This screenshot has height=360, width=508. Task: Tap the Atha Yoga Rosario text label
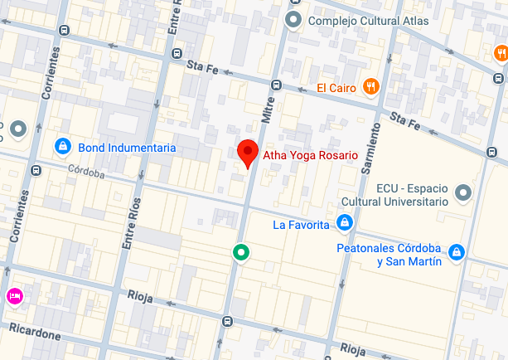pyautogui.click(x=309, y=155)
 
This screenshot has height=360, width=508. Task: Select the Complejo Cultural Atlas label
pyautogui.click(x=368, y=21)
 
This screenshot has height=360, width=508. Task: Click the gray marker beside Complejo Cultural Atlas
pyautogui.click(x=292, y=19)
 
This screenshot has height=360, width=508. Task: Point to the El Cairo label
pyautogui.click(x=336, y=88)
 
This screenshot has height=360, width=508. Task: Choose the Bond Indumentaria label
pyautogui.click(x=127, y=148)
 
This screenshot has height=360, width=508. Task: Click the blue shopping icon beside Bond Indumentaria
pyautogui.click(x=60, y=147)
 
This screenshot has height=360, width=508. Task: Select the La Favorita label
pyautogui.click(x=302, y=224)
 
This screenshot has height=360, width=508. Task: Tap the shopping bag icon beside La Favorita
pyautogui.click(x=344, y=223)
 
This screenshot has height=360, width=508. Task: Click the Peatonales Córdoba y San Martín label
pyautogui.click(x=388, y=255)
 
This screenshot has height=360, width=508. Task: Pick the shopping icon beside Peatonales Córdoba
pyautogui.click(x=455, y=251)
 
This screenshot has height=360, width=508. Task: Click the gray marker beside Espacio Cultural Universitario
pyautogui.click(x=464, y=193)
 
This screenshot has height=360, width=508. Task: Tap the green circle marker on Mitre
pyautogui.click(x=240, y=251)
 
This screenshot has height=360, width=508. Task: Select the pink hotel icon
pyautogui.click(x=14, y=295)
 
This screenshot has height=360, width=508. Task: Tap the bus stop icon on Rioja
pyautogui.click(x=227, y=321)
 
